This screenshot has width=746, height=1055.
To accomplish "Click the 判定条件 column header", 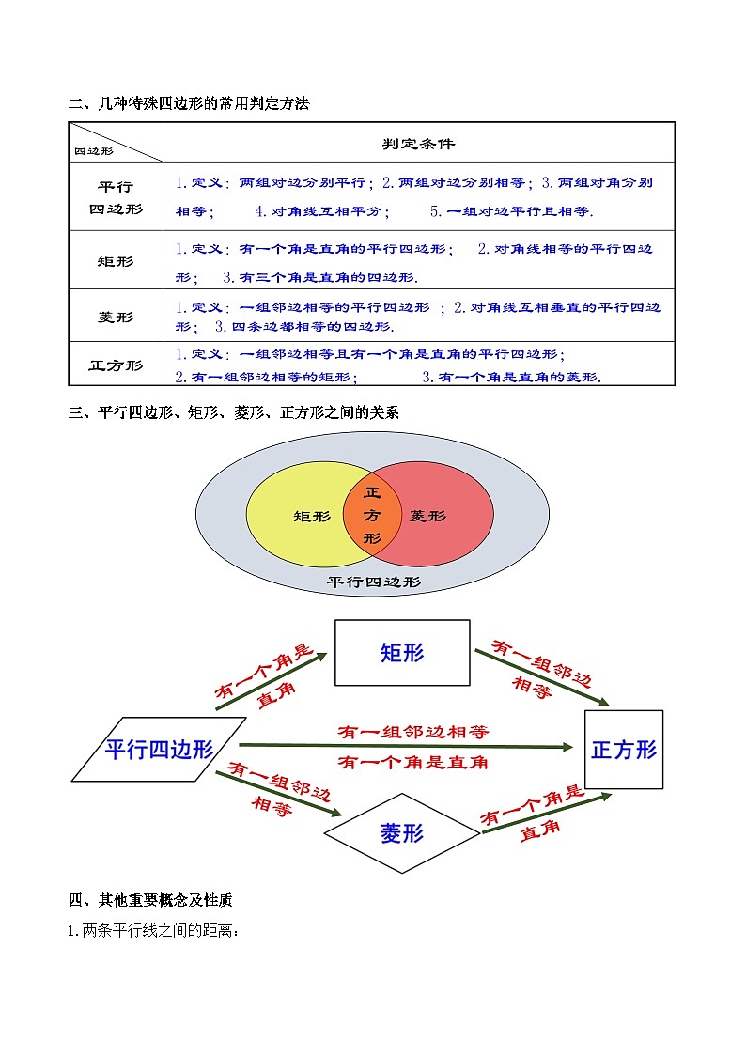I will [x=418, y=144].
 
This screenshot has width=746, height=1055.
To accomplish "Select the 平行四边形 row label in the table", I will [x=116, y=197].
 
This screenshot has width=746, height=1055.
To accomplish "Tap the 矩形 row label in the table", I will [x=116, y=261].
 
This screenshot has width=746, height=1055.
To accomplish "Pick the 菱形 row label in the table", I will [x=116, y=317].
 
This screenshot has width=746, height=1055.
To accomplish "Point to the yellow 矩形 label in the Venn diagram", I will [x=312, y=516].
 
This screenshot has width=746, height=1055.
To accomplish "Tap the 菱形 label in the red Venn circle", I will [x=428, y=516].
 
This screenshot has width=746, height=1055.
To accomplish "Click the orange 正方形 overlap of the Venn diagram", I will [x=372, y=515].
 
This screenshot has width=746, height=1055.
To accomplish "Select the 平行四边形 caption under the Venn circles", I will [x=373, y=582].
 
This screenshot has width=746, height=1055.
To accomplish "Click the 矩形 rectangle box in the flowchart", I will [x=402, y=653].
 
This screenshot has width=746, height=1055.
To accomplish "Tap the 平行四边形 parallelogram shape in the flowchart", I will [x=159, y=749].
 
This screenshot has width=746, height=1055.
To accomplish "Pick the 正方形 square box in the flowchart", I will [x=624, y=749].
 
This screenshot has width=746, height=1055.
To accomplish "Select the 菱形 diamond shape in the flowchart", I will [x=402, y=832].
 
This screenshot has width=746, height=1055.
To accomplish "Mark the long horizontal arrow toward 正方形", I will [x=404, y=746].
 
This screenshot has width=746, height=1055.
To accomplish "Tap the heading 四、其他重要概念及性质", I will [x=150, y=900].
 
